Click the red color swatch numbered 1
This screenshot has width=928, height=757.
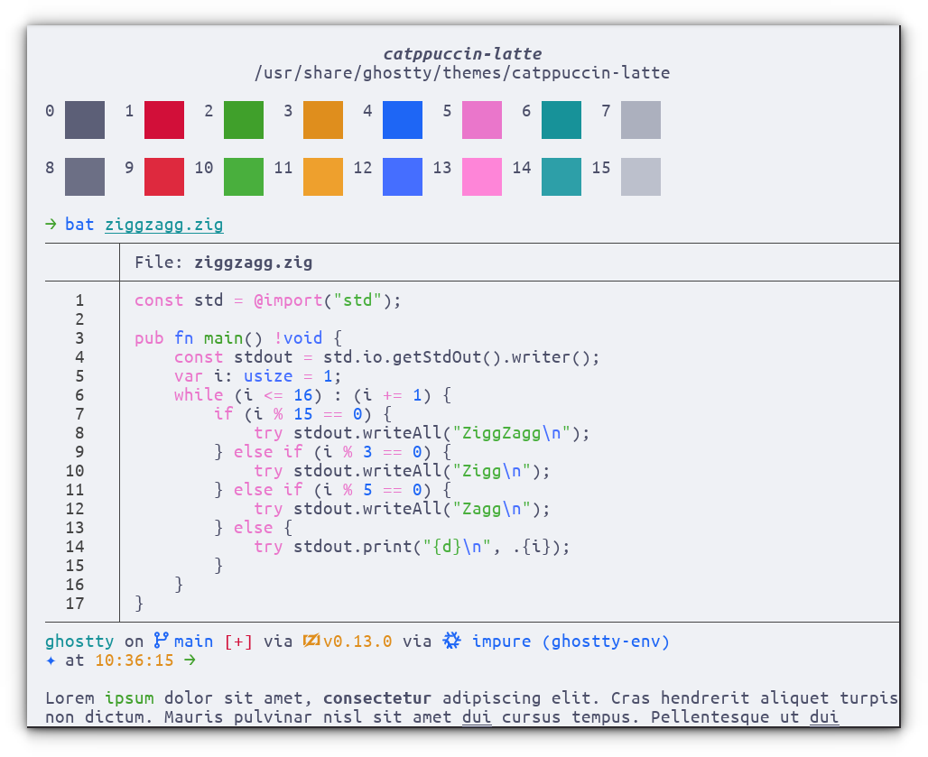click(164, 120)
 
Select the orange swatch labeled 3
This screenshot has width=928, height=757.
click(323, 120)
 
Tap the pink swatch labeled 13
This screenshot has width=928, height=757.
click(482, 177)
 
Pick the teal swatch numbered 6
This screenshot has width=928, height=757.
click(561, 120)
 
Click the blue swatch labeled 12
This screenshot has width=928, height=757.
click(403, 177)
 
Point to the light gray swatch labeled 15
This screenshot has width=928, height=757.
click(641, 177)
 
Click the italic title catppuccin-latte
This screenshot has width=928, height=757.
click(462, 54)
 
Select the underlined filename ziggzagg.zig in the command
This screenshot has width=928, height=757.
click(164, 225)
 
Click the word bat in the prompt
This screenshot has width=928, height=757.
click(79, 224)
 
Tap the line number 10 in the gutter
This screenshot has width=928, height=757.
click(75, 471)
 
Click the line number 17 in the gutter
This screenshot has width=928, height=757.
click(75, 604)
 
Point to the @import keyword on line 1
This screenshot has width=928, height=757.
click(288, 300)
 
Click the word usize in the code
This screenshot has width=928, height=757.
click(268, 376)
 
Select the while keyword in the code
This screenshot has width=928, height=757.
click(199, 395)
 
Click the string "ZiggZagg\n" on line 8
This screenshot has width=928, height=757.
click(511, 433)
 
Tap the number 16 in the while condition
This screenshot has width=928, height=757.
click(303, 395)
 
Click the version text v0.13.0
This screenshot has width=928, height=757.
click(357, 642)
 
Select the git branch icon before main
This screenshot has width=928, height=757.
click(161, 641)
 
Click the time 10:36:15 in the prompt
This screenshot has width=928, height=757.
click(135, 660)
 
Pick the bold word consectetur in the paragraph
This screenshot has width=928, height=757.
click(377, 697)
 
